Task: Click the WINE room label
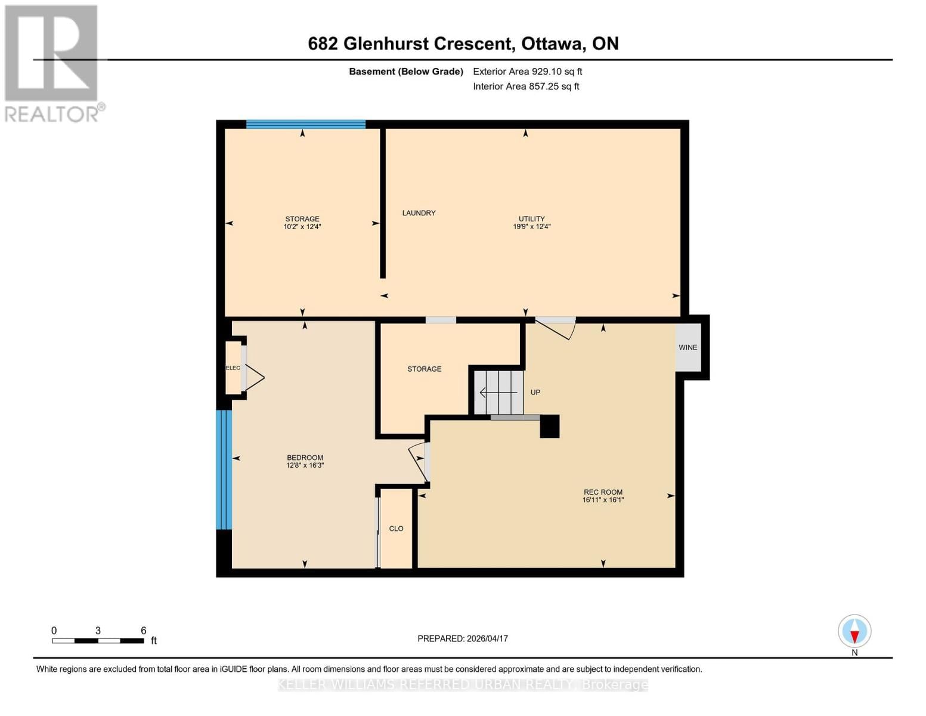pos(687,347)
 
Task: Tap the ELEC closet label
pos(233,368)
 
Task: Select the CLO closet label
pos(396,529)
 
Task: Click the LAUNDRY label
pos(419,213)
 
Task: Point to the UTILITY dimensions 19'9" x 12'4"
pos(531,227)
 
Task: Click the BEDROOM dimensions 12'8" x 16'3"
pos(305,465)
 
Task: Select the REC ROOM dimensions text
pos(603,500)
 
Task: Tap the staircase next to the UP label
pos(498,392)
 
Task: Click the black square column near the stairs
pos(549,427)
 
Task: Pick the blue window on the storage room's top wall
pos(305,124)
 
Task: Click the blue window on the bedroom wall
pos(224,470)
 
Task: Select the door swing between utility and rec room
pos(557,328)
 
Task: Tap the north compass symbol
pos(854,631)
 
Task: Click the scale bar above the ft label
pos(98,641)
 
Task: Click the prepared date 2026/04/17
pos(462,638)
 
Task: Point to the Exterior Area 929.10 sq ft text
pos(527,72)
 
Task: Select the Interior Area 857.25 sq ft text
pos(526,87)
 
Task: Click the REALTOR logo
pos(52,63)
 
